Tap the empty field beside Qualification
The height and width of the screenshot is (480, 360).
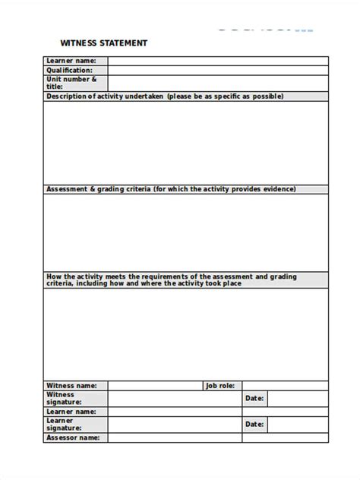[x=218, y=70]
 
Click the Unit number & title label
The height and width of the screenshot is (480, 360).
[x=72, y=83]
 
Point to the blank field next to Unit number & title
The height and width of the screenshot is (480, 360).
[x=218, y=83]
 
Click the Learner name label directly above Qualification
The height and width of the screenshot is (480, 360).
[x=71, y=61]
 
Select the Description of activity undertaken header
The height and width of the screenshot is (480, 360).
[x=165, y=96]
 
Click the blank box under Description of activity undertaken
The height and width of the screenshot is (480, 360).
[x=186, y=142]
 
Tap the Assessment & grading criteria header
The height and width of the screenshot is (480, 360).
[x=171, y=189]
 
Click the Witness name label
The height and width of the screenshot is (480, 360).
[x=72, y=385]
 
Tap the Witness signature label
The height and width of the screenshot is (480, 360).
[x=64, y=398]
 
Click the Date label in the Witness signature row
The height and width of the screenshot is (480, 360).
[x=254, y=398]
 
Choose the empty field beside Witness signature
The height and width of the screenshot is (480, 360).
[x=174, y=398]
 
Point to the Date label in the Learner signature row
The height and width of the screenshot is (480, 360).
[x=254, y=424]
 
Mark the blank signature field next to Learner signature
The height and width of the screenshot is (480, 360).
[x=174, y=424]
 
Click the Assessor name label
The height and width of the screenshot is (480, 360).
[x=73, y=437]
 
